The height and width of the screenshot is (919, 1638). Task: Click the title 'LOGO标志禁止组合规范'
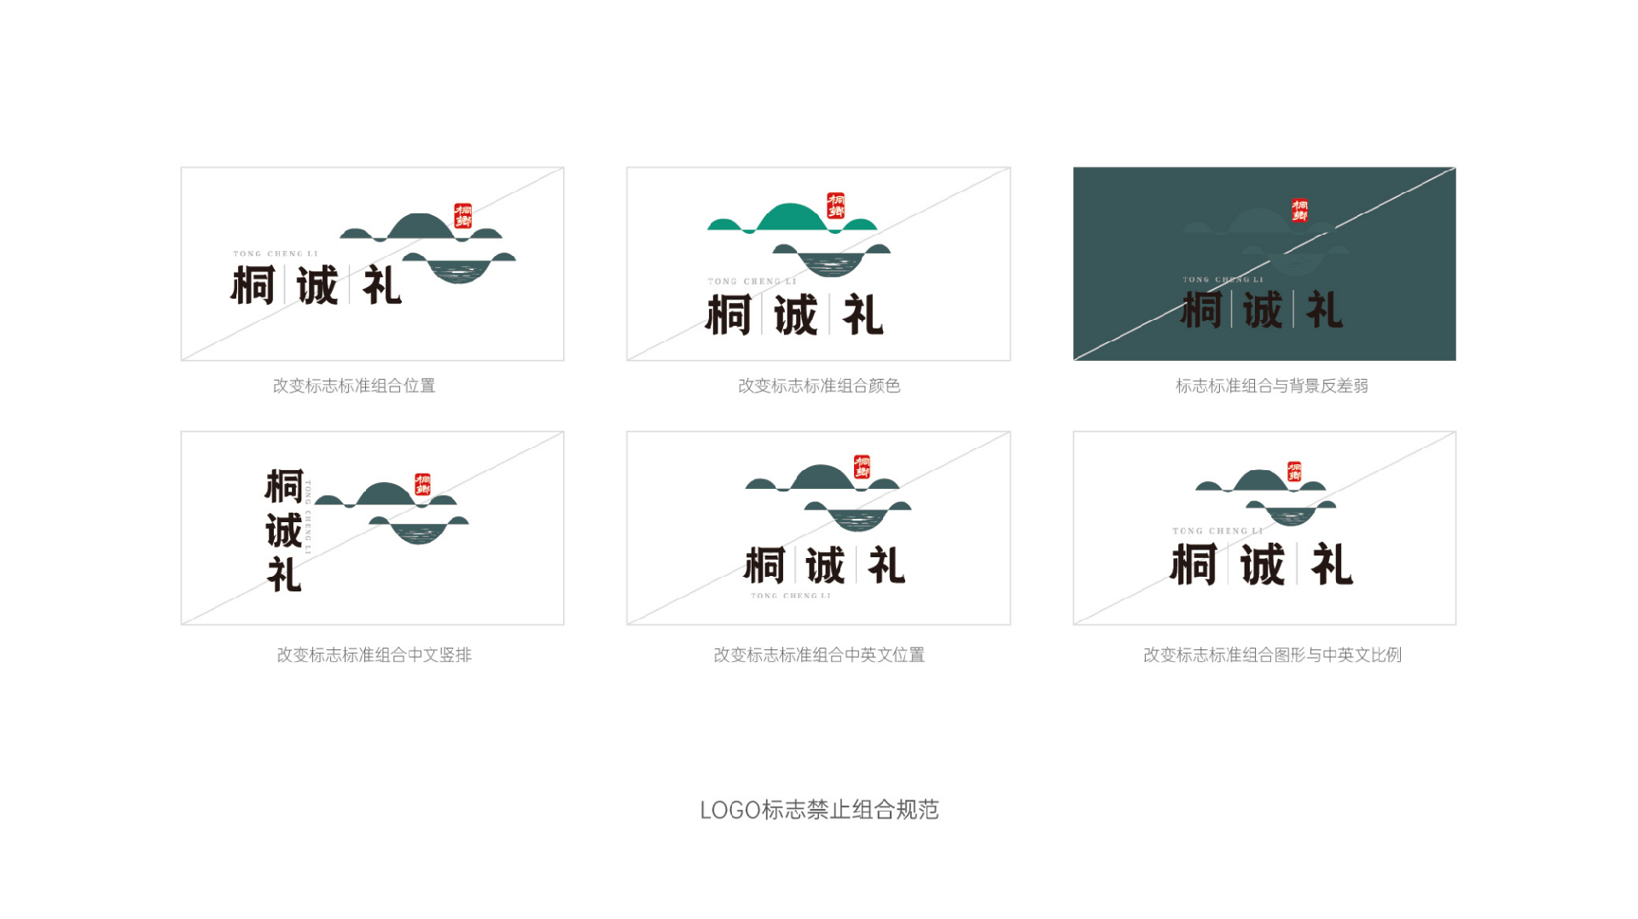point(819,810)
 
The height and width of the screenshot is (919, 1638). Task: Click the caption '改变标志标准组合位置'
point(354,386)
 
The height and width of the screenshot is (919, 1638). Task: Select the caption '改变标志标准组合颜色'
point(819,386)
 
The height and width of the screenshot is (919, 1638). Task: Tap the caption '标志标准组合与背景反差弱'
point(1271,386)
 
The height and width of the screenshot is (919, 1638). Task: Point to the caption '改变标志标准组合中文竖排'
point(374,654)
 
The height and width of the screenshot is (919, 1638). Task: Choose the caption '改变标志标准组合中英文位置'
point(819,654)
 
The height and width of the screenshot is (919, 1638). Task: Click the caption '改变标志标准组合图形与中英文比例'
point(1272,654)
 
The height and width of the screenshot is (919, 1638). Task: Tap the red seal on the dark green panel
point(1299,210)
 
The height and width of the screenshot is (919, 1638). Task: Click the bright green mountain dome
point(790,217)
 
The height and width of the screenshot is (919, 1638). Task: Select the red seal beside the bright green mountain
point(836,206)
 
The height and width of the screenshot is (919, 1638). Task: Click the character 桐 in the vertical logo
point(283,486)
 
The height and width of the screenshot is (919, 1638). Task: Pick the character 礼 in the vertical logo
point(284,574)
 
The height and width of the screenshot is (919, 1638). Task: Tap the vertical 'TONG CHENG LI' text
point(309,518)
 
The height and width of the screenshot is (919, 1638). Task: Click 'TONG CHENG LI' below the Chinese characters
point(790,596)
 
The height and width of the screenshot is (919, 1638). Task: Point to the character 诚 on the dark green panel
point(1262,310)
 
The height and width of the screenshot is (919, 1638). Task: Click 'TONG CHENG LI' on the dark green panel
point(1223,279)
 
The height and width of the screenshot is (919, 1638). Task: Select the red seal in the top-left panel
point(463,215)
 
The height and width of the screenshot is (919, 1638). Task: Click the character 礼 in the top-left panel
point(381,285)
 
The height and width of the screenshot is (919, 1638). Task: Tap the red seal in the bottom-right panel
point(1294,471)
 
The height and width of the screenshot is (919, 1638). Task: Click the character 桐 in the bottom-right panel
point(1193,564)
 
